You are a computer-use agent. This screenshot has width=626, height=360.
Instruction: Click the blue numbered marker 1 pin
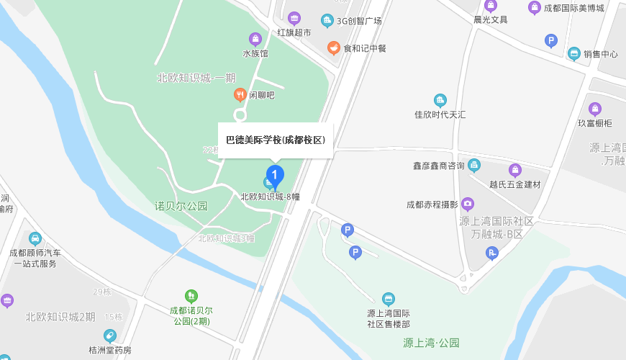(x=274, y=175)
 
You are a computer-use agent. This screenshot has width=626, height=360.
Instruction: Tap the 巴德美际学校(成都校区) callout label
(x=276, y=140)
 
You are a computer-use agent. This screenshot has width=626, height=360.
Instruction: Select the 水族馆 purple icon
(x=255, y=39)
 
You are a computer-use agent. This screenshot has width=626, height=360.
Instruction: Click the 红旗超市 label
(x=294, y=33)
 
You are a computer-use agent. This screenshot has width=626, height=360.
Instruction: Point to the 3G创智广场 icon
(x=327, y=21)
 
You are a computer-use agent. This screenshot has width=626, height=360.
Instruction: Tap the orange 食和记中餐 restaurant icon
(x=333, y=48)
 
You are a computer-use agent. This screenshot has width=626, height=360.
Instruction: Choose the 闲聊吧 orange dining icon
(x=240, y=94)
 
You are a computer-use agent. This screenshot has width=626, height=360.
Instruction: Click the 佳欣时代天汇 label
(x=440, y=114)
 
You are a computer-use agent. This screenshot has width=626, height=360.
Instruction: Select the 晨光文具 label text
(x=491, y=19)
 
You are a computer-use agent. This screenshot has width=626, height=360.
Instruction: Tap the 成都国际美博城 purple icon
(x=535, y=8)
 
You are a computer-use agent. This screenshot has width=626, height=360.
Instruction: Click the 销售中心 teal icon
(x=574, y=53)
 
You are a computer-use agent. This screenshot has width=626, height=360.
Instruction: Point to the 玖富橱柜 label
(x=594, y=123)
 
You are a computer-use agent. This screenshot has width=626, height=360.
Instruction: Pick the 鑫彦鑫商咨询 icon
(x=474, y=166)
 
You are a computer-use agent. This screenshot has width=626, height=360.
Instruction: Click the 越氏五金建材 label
(x=514, y=185)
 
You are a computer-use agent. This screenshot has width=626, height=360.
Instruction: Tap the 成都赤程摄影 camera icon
(x=468, y=204)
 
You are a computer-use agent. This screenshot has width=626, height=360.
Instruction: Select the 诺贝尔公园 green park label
(x=181, y=206)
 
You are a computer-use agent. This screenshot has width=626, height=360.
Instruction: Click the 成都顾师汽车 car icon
(x=35, y=238)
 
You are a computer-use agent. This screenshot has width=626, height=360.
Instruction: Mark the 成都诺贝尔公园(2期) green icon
(x=191, y=295)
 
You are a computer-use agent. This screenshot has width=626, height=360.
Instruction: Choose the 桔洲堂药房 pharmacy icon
(x=109, y=336)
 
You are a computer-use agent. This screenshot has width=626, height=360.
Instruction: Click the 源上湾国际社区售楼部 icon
(x=389, y=299)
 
